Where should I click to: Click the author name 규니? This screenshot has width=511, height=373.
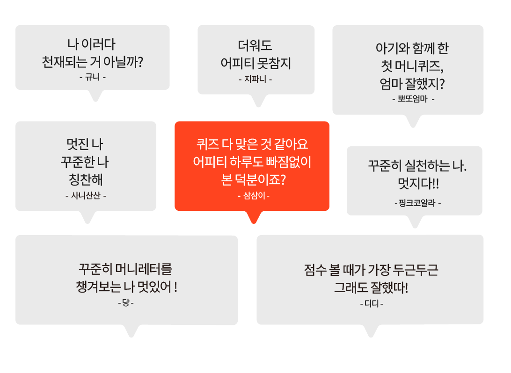[x=92, y=77]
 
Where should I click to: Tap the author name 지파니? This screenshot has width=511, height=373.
[x=255, y=79]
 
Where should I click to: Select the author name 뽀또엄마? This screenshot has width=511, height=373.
[x=413, y=99]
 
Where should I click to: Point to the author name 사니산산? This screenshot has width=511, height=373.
[x=86, y=195]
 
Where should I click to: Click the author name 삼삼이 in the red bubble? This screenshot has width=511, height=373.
[x=254, y=195]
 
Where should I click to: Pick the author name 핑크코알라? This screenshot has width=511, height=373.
[x=417, y=203]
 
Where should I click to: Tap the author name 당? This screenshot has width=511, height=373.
[x=126, y=303]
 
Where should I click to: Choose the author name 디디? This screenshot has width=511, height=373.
[x=372, y=304]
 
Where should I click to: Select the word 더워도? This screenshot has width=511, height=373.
[x=255, y=45]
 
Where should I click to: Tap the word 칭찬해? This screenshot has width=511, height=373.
[x=86, y=179]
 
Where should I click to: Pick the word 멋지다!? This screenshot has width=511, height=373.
[x=418, y=183]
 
